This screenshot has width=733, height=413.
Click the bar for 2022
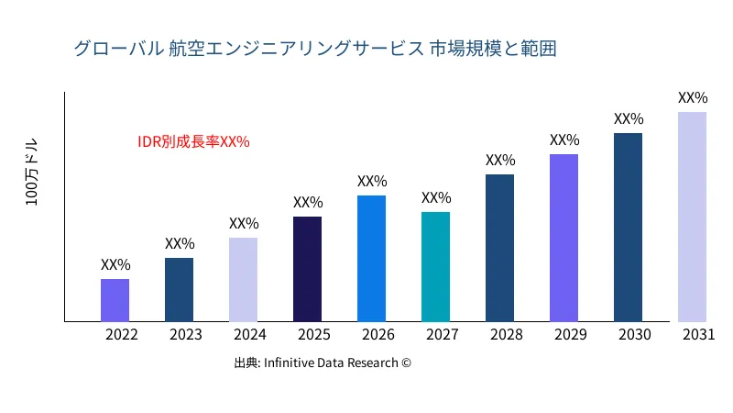(x=115, y=300)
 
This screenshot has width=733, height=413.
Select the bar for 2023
(x=179, y=290)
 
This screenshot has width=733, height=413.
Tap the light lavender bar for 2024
(x=243, y=280)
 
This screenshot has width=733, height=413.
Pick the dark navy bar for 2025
(x=307, y=269)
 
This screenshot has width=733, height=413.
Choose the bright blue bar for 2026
(x=371, y=259)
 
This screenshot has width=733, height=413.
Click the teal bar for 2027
(x=435, y=267)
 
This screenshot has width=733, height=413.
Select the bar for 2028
(x=499, y=248)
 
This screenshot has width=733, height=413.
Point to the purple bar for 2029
(x=563, y=238)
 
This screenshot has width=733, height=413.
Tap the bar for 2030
(x=628, y=228)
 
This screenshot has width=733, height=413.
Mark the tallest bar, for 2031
(x=692, y=217)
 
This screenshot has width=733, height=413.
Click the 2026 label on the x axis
(x=378, y=335)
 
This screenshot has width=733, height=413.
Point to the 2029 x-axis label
(x=571, y=335)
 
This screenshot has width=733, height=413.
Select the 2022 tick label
(x=122, y=335)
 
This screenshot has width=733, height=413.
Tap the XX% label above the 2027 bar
(x=436, y=198)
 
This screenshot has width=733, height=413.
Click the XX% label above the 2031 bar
(x=693, y=97)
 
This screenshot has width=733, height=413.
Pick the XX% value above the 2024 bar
(x=244, y=223)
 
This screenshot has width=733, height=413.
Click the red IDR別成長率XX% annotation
(x=193, y=142)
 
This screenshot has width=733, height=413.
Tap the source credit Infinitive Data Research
(x=323, y=363)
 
